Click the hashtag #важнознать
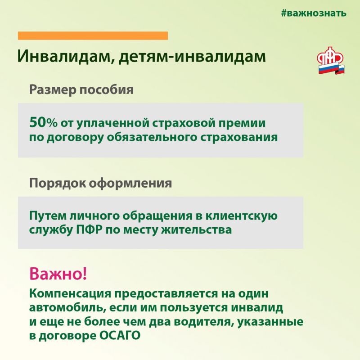[314, 13]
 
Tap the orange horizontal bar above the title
[93, 36]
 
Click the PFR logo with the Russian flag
[330, 60]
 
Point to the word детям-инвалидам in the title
[193, 56]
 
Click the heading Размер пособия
[81, 90]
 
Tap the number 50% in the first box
[43, 122]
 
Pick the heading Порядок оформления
[100, 184]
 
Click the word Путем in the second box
[48, 216]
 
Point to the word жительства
[196, 230]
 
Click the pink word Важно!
[58, 274]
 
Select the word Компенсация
[70, 294]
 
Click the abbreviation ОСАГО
[120, 335]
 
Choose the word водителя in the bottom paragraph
[204, 322]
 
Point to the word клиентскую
[241, 216]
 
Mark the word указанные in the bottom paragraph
[270, 322]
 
